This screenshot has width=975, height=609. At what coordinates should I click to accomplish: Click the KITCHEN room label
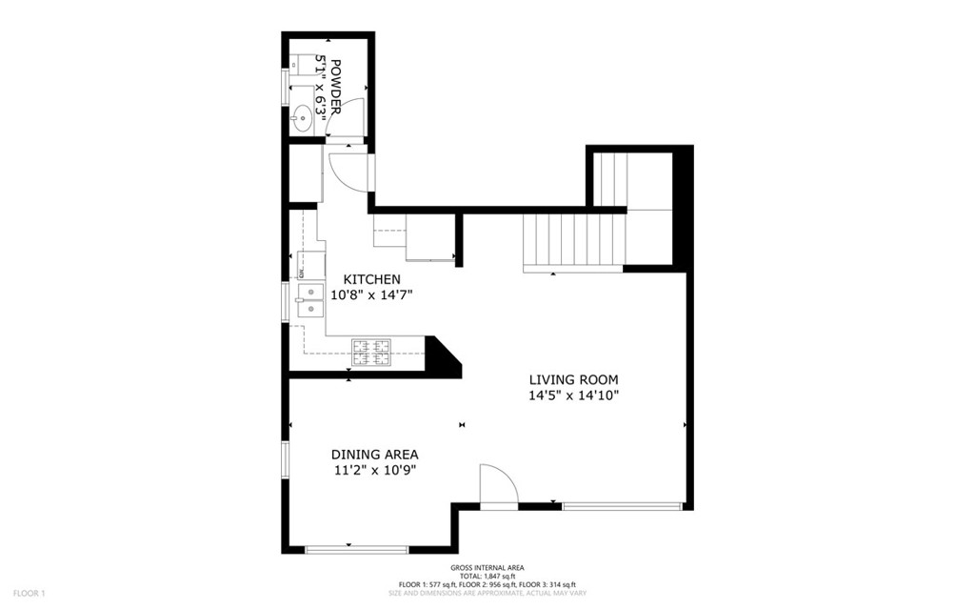pyautogui.click(x=371, y=278)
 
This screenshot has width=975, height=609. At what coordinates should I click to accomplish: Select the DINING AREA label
pyautogui.click(x=374, y=455)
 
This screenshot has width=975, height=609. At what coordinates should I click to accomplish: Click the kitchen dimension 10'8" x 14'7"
pyautogui.click(x=371, y=295)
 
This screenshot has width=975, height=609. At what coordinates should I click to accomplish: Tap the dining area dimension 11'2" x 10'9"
pyautogui.click(x=374, y=470)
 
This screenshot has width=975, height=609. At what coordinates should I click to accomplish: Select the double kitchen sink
pyautogui.click(x=308, y=298)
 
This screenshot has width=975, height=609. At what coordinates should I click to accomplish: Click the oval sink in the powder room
pyautogui.click(x=302, y=118)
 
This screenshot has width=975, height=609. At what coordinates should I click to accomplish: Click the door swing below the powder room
pyautogui.click(x=348, y=170)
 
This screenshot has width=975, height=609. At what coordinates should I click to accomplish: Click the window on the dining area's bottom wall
pyautogui.click(x=356, y=549)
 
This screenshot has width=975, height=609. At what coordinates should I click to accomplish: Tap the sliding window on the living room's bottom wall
pyautogui.click(x=623, y=506)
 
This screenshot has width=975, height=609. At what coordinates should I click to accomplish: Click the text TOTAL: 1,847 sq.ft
pyautogui.click(x=487, y=576)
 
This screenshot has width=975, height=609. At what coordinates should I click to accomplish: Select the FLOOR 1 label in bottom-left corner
pyautogui.click(x=29, y=594)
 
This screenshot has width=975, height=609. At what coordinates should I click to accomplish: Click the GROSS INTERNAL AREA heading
pyautogui.click(x=487, y=568)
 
